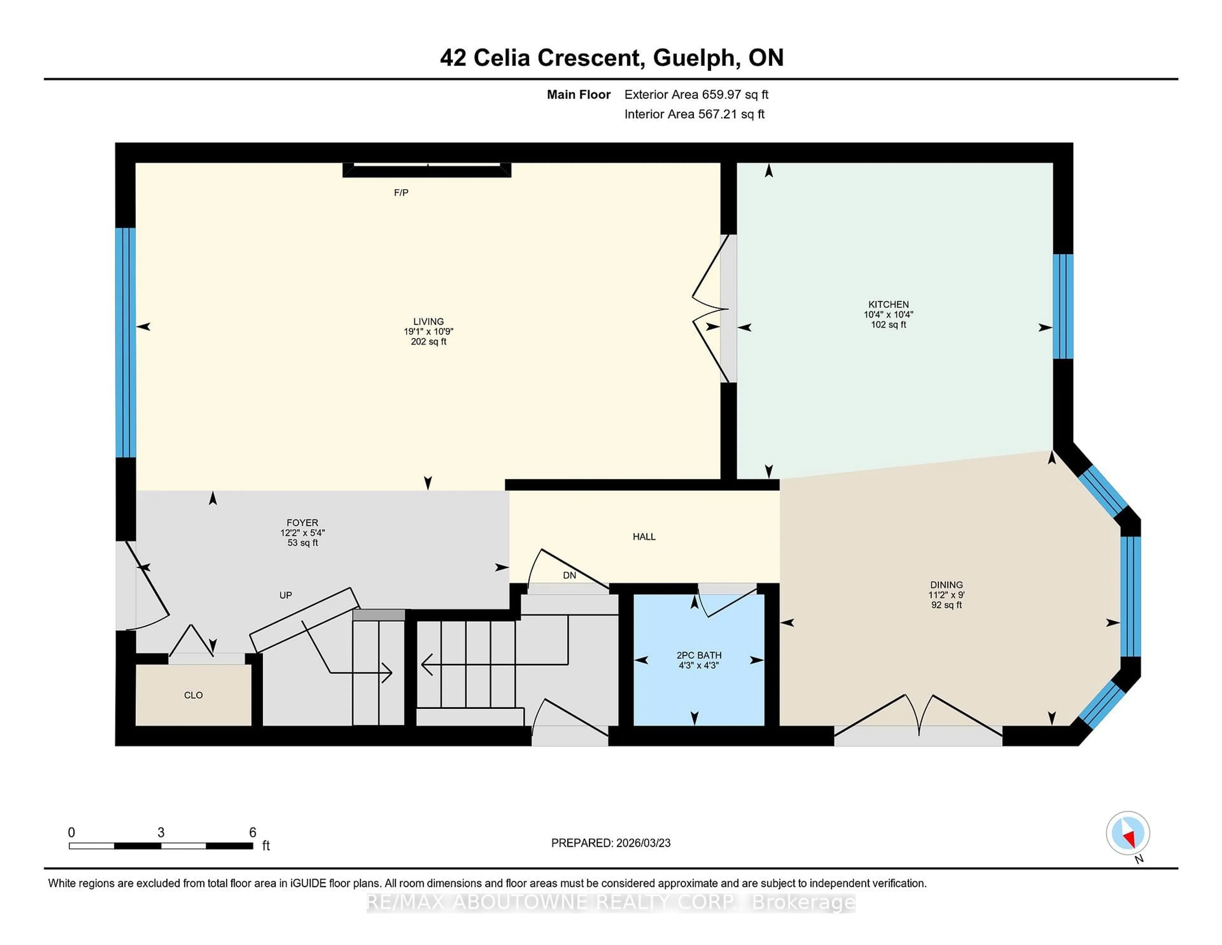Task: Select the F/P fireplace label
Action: pyautogui.click(x=401, y=193)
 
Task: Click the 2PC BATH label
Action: pyautogui.click(x=699, y=655)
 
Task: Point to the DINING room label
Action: pyautogui.click(x=946, y=585)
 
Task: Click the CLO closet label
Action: pyautogui.click(x=193, y=695)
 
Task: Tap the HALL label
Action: pyautogui.click(x=644, y=536)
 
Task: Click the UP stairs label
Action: pyautogui.click(x=285, y=595)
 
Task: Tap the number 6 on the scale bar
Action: pyautogui.click(x=252, y=833)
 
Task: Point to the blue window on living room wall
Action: pyautogui.click(x=125, y=343)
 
